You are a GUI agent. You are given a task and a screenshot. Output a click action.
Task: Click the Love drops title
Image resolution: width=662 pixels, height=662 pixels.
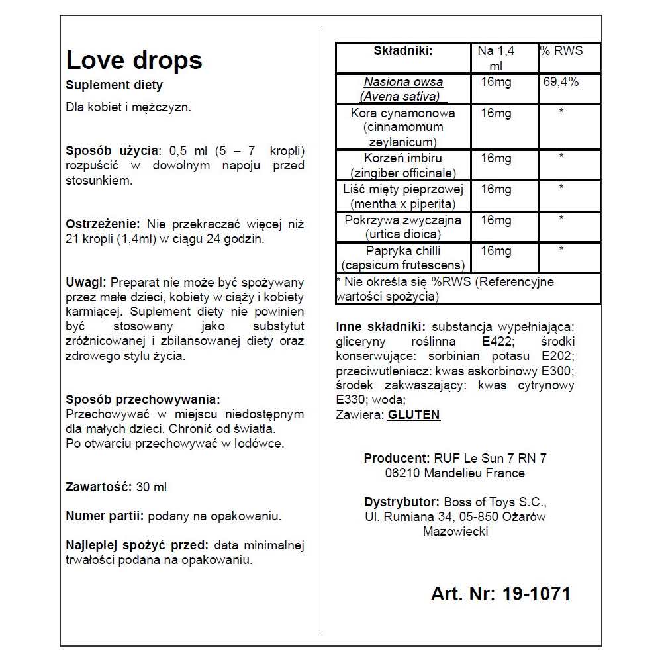pos(134,60)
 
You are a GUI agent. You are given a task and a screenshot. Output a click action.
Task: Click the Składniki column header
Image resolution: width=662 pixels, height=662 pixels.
pos(403,51)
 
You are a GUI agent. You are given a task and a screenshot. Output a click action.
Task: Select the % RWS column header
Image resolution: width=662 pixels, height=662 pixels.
pos(561,51)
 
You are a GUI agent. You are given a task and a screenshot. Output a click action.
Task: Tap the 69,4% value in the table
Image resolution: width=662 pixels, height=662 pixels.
pos(561,82)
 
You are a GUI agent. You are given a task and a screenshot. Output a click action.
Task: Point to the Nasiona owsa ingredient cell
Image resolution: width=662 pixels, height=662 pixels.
pos(403,89)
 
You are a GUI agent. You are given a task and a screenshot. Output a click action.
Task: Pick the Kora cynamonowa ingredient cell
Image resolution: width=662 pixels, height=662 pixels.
pos(403,127)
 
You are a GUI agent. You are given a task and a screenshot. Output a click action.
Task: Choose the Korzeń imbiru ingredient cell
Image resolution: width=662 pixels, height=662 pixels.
pos(403,165)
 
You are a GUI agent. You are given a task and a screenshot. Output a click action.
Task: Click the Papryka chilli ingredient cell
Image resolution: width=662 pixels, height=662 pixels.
pos(403,258)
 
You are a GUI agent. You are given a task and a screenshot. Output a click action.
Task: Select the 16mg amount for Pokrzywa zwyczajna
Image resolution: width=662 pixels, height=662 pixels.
pos(496,220)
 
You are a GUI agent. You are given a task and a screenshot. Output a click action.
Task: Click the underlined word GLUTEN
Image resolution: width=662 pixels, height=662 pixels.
pos(414,415)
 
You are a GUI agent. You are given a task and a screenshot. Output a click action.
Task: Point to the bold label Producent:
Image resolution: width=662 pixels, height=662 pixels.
pos(397,458)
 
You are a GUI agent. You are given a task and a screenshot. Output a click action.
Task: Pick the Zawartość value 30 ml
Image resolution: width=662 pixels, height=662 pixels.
pos(152,487)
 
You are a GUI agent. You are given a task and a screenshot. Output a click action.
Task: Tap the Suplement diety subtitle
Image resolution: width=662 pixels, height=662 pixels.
pos(115,85)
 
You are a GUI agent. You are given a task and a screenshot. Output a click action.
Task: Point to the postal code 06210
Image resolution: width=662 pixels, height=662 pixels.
pos(402,473)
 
